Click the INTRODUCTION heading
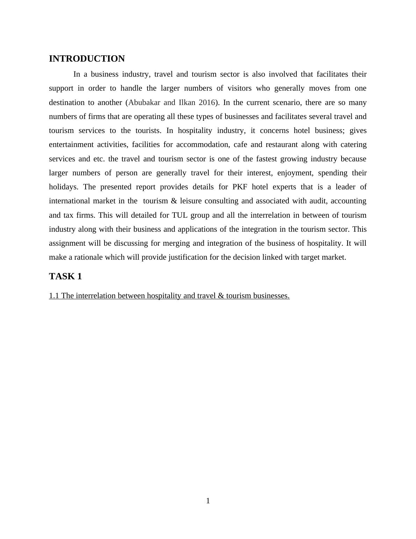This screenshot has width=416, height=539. [x=87, y=59]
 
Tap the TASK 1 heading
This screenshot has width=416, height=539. [x=65, y=276]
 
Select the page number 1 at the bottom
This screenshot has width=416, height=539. [x=208, y=501]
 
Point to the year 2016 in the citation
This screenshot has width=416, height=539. [x=207, y=103]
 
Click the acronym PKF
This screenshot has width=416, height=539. [x=240, y=187]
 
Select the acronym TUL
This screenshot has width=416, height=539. [x=180, y=215]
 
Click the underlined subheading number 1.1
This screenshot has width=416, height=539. [x=54, y=296]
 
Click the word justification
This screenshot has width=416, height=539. [x=188, y=257]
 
